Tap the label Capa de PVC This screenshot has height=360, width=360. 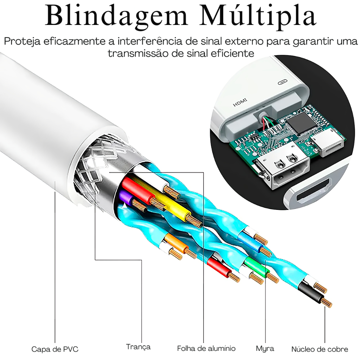pyautogui.click(x=55, y=349)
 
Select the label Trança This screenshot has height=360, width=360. pyautogui.click(x=138, y=347)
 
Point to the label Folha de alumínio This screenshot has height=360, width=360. pyautogui.click(x=206, y=348)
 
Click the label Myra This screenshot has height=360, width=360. pyautogui.click(x=265, y=349)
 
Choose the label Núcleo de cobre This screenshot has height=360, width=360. pyautogui.click(x=320, y=349)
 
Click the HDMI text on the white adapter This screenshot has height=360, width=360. pyautogui.click(x=240, y=102)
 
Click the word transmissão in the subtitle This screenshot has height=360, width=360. pyautogui.click(x=140, y=53)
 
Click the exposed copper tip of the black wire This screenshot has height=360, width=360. pyautogui.click(x=327, y=302)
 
